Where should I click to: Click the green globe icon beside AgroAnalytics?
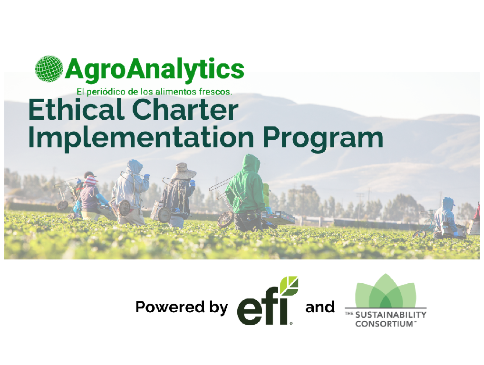[x=49, y=69]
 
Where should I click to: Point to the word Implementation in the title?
[x=141, y=138]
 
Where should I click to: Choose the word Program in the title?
[x=323, y=138]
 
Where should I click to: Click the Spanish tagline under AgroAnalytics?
[x=155, y=92]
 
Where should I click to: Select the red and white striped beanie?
[x=90, y=180]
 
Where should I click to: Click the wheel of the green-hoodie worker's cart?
[x=225, y=219]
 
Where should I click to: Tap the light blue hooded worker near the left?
[x=131, y=192]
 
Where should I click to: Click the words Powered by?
[x=182, y=307]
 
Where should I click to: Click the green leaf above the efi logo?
[x=289, y=286]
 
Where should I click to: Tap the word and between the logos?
[x=320, y=307]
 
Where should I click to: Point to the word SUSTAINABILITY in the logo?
[x=391, y=315]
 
